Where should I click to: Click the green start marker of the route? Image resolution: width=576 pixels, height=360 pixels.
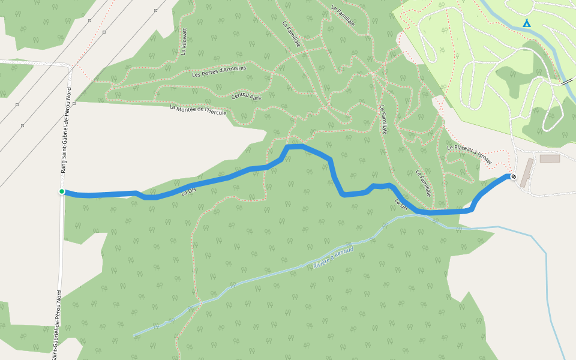click(x=62, y=191)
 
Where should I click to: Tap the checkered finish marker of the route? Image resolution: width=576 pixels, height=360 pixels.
click(x=514, y=176)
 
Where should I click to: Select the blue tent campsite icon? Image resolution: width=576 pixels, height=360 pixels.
click(x=526, y=23)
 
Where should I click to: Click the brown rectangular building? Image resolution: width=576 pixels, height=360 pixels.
click(x=549, y=158)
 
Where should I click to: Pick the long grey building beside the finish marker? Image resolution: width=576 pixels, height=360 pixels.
click(x=526, y=173)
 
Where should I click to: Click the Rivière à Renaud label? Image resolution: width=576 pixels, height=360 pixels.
click(x=334, y=257)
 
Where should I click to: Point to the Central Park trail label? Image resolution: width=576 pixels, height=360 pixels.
click(x=247, y=97)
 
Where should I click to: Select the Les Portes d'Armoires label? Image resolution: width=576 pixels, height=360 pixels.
click(x=219, y=71)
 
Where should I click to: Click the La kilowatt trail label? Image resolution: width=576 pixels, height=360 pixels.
click(x=184, y=41)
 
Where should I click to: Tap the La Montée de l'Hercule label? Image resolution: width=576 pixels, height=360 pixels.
click(x=197, y=111)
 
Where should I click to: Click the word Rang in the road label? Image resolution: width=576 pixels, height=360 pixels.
click(x=63, y=167)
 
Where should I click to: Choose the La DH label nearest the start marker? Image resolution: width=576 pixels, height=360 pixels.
click(x=188, y=191)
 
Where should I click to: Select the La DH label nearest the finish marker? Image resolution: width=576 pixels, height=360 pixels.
click(x=401, y=204)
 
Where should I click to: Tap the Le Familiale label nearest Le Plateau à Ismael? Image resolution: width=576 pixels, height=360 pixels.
click(x=424, y=184)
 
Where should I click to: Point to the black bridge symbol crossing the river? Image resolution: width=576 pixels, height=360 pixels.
click(x=567, y=82)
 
